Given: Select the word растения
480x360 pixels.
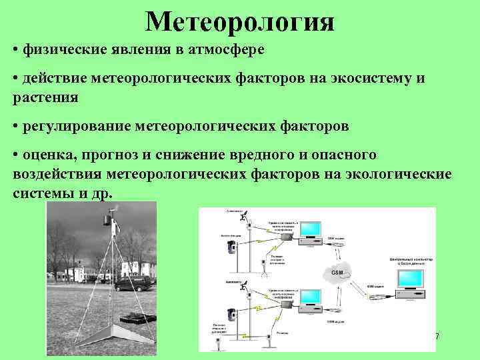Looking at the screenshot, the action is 45,97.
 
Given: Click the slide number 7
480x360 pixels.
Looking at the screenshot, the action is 437,337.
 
